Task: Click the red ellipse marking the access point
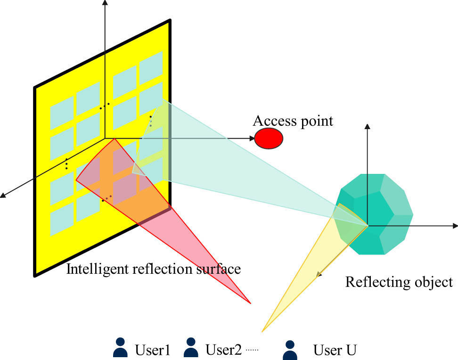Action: pos(269,139)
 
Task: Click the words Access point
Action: pos(293,121)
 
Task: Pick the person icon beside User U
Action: pos(290,351)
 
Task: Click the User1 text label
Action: pos(152,351)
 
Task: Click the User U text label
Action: pos(335,351)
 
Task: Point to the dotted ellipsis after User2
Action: pos(253,351)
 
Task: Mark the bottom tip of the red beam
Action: pos(250,303)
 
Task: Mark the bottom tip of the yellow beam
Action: pos(263,331)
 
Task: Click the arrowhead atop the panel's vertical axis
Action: pos(105,4)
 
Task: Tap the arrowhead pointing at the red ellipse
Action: pos(251,139)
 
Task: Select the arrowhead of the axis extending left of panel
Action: pos(3,195)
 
